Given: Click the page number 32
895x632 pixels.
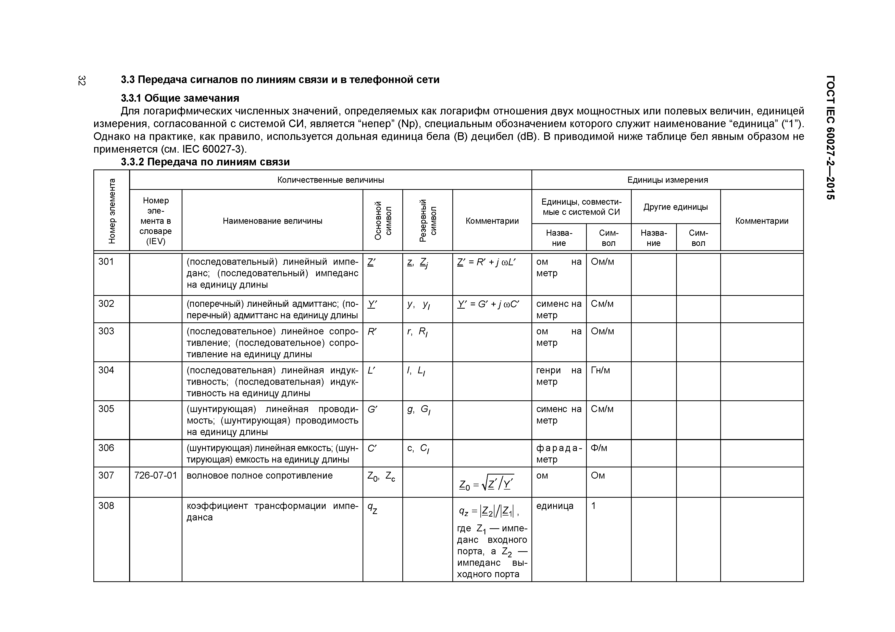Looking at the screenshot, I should click(81, 81).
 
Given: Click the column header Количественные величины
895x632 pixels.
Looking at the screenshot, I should click(331, 180).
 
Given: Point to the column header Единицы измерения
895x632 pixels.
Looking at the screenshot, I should click(667, 180).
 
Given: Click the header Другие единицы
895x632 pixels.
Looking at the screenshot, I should click(676, 207).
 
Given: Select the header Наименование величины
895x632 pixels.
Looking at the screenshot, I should click(272, 221).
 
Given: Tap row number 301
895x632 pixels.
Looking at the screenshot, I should click(106, 262).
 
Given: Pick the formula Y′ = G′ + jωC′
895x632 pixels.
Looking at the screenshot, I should click(488, 304).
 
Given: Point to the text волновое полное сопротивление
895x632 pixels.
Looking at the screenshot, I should click(260, 476).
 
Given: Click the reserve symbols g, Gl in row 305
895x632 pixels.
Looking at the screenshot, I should click(418, 410).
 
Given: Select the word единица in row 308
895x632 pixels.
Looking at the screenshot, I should click(555, 506).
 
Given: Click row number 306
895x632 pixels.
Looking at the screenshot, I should click(106, 448).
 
